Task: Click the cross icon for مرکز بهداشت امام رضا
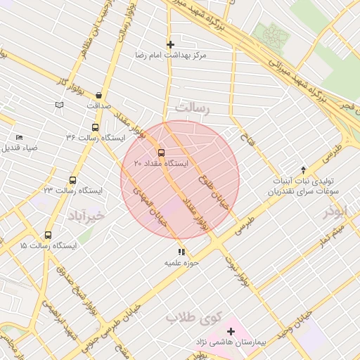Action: coord(170,44)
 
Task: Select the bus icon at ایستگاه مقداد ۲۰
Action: coord(161,152)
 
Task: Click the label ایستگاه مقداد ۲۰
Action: coord(161,163)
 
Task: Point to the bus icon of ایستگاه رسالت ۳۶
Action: coord(95,127)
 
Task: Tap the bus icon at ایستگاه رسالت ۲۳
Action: coord(72,180)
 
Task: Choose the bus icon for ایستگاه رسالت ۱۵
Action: coord(48,236)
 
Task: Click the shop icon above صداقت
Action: coord(98,95)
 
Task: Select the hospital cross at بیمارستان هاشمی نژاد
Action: coord(231,331)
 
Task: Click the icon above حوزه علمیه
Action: coord(181,252)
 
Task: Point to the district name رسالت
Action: coord(193,108)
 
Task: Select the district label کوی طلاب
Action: coord(189,318)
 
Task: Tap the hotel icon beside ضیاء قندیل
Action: coord(19,137)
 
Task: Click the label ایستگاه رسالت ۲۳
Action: coord(72,191)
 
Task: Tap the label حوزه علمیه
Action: coord(182,263)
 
